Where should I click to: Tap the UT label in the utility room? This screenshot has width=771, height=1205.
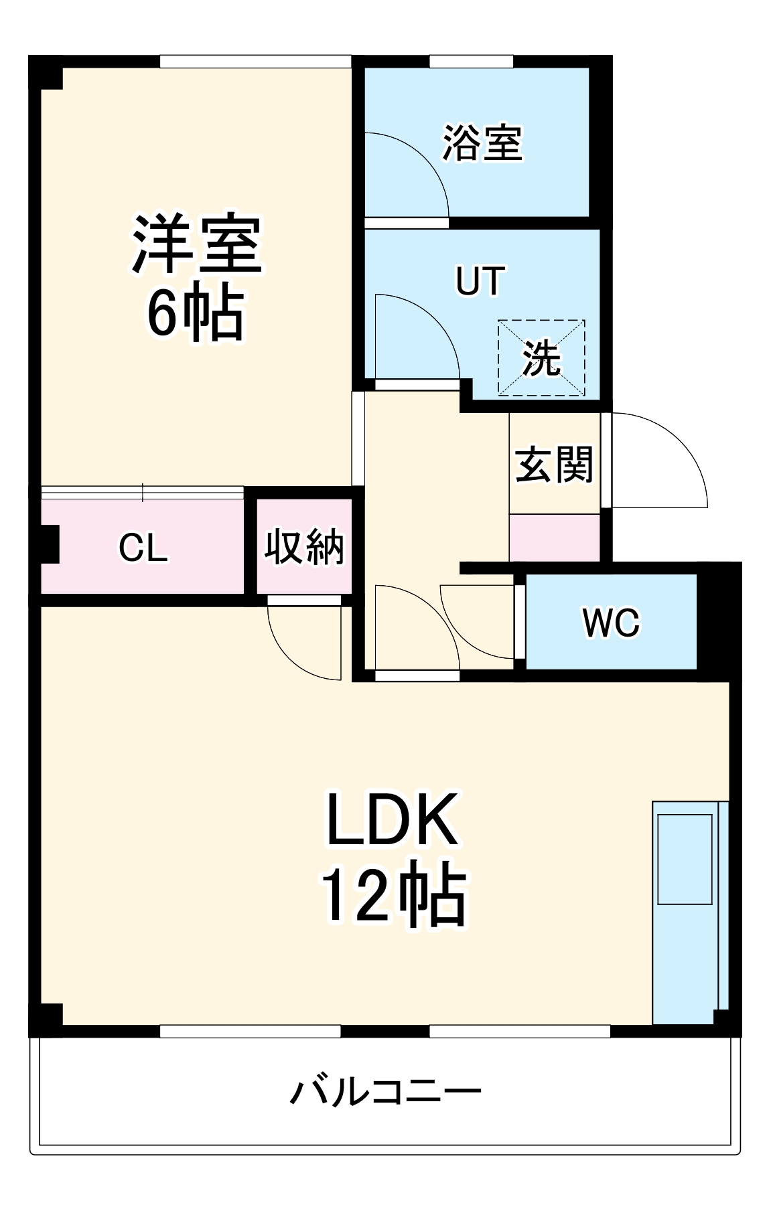tap(480, 281)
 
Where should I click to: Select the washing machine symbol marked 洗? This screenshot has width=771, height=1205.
tap(541, 358)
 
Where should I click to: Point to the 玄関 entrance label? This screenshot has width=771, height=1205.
tap(554, 465)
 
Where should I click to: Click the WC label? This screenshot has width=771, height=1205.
tap(611, 623)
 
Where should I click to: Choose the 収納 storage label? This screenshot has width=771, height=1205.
tap(304, 547)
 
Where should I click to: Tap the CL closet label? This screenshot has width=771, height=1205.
tap(143, 548)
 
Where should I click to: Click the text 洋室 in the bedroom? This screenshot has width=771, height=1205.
tap(196, 244)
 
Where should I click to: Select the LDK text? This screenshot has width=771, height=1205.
tap(393, 821)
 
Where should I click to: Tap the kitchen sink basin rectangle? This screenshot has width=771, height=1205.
tap(684, 860)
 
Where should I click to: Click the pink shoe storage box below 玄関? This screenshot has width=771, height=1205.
tap(554, 538)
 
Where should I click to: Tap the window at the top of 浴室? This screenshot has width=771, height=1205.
tap(471, 62)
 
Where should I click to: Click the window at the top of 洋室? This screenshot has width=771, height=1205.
tap(255, 62)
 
